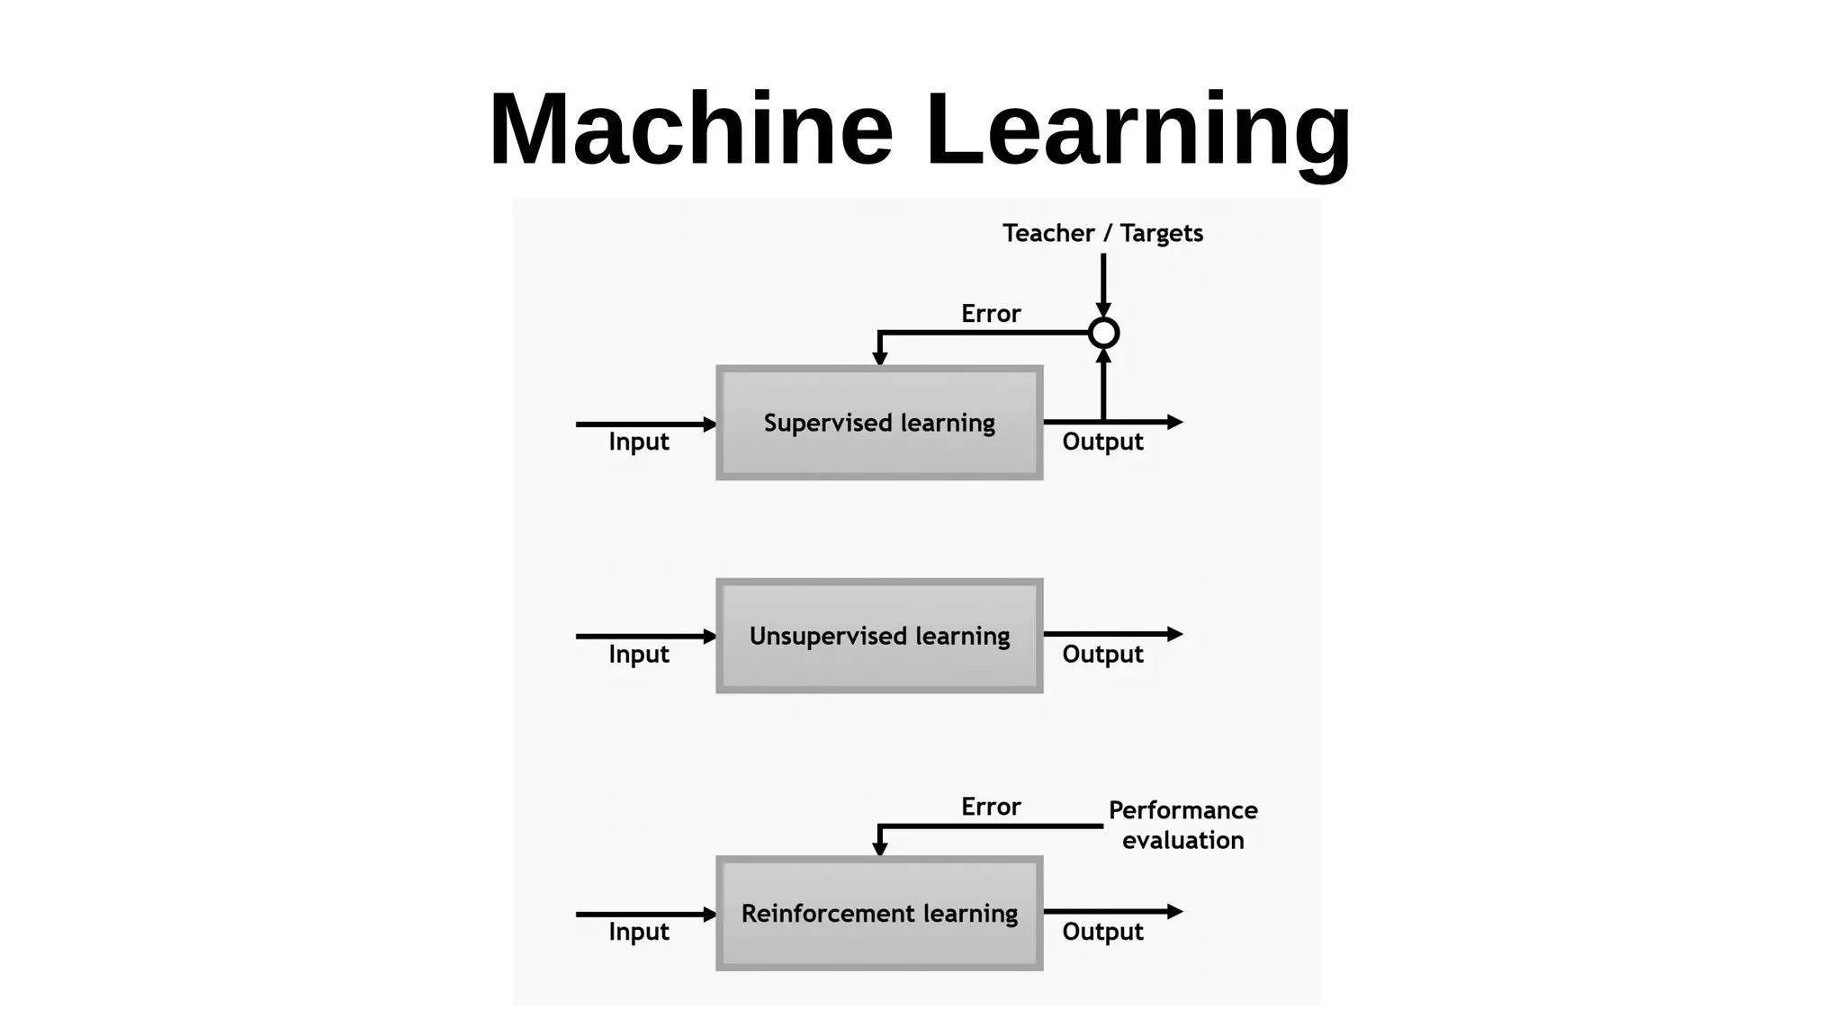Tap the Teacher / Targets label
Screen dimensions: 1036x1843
tap(1102, 234)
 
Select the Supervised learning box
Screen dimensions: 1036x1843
tap(879, 423)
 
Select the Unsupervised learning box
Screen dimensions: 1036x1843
tap(879, 636)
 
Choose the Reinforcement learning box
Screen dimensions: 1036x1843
tap(879, 913)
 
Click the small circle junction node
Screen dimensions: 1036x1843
tap(1103, 333)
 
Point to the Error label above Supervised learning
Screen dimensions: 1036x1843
tap(991, 314)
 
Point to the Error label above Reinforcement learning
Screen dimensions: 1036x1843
tap(991, 807)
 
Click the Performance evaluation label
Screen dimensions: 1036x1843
tap(1182, 825)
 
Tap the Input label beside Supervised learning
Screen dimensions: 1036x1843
tap(639, 442)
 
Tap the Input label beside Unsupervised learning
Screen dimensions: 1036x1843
tap(639, 654)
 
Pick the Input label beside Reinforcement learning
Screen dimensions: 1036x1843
tap(639, 932)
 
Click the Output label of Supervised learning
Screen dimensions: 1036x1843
tap(1102, 442)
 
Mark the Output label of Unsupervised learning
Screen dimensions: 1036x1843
tap(1102, 654)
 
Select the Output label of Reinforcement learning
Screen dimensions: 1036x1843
tap(1102, 932)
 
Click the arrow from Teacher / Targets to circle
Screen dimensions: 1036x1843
tap(1103, 283)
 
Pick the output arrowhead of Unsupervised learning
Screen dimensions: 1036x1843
tap(1174, 634)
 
